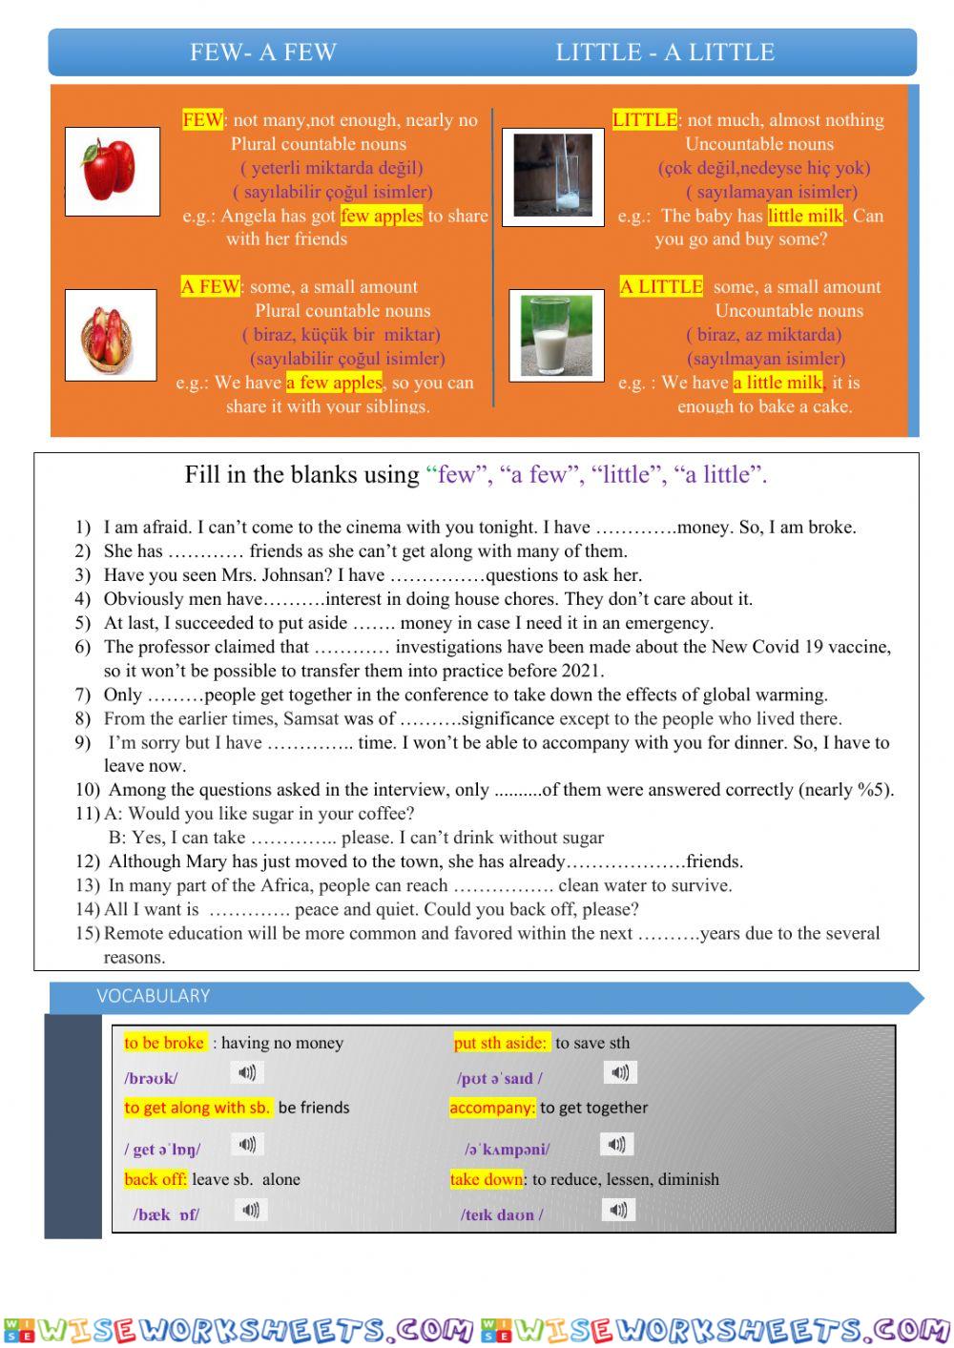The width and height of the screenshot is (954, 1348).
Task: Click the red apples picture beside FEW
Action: pos(112,171)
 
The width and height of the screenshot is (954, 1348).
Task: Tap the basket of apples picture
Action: pos(111,335)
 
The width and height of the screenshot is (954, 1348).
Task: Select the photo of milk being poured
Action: pos(553,175)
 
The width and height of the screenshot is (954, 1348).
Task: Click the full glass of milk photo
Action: pos(556,335)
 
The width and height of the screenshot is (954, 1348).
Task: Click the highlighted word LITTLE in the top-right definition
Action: pos(645,120)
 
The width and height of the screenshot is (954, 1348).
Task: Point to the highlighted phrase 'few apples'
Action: pos(381,216)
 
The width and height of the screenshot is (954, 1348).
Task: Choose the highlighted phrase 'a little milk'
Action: pos(778,383)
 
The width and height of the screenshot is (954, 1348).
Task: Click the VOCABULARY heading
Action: pos(153,996)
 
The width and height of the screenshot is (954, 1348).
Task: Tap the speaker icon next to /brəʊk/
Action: pos(247,1073)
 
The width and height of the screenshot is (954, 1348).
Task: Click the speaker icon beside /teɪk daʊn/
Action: pos(618,1211)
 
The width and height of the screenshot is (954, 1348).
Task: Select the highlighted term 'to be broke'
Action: pos(164,1043)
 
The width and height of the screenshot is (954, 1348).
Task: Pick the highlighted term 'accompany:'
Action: pos(492,1108)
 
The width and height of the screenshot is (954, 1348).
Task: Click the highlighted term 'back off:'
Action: pos(156,1179)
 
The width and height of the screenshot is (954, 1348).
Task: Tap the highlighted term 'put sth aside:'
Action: pos(501,1043)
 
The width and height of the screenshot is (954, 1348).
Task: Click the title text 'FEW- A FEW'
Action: pos(263,52)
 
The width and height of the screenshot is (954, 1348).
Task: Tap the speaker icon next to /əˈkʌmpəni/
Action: pos(616,1144)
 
